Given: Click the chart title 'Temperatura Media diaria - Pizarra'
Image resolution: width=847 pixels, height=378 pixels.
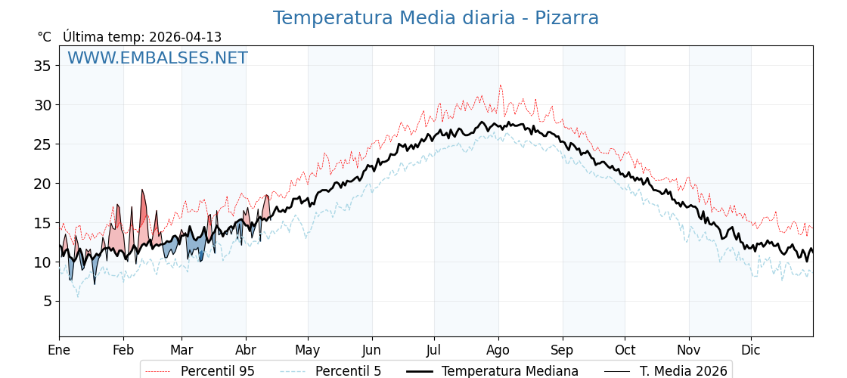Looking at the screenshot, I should click(436, 18).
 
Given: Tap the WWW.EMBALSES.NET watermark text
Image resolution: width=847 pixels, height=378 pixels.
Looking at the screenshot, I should click(157, 58).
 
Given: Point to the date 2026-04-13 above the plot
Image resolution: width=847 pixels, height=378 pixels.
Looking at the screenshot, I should click(185, 37).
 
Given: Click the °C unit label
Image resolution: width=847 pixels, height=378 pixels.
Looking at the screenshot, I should click(44, 37).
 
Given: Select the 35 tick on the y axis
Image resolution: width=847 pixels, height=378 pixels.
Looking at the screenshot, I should click(42, 66).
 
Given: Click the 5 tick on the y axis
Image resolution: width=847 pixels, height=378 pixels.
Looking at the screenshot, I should click(47, 302).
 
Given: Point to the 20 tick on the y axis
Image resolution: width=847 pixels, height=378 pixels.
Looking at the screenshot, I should click(42, 184).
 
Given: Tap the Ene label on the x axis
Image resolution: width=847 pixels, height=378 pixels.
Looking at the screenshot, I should click(59, 350).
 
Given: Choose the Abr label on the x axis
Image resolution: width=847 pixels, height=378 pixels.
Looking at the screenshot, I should click(246, 350).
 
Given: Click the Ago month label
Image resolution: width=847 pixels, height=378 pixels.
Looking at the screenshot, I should click(498, 350).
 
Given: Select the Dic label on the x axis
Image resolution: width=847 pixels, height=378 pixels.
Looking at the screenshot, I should click(751, 350).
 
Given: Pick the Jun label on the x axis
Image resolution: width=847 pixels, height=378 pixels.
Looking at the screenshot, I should click(371, 350).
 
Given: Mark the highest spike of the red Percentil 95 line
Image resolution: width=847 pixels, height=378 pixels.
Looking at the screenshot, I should click(500, 86).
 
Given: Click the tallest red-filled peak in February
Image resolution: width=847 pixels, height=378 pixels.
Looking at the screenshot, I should click(142, 191).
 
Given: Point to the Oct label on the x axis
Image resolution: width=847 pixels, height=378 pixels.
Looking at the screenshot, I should click(625, 350).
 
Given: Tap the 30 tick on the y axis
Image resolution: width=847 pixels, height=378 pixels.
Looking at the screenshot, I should click(42, 105).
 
